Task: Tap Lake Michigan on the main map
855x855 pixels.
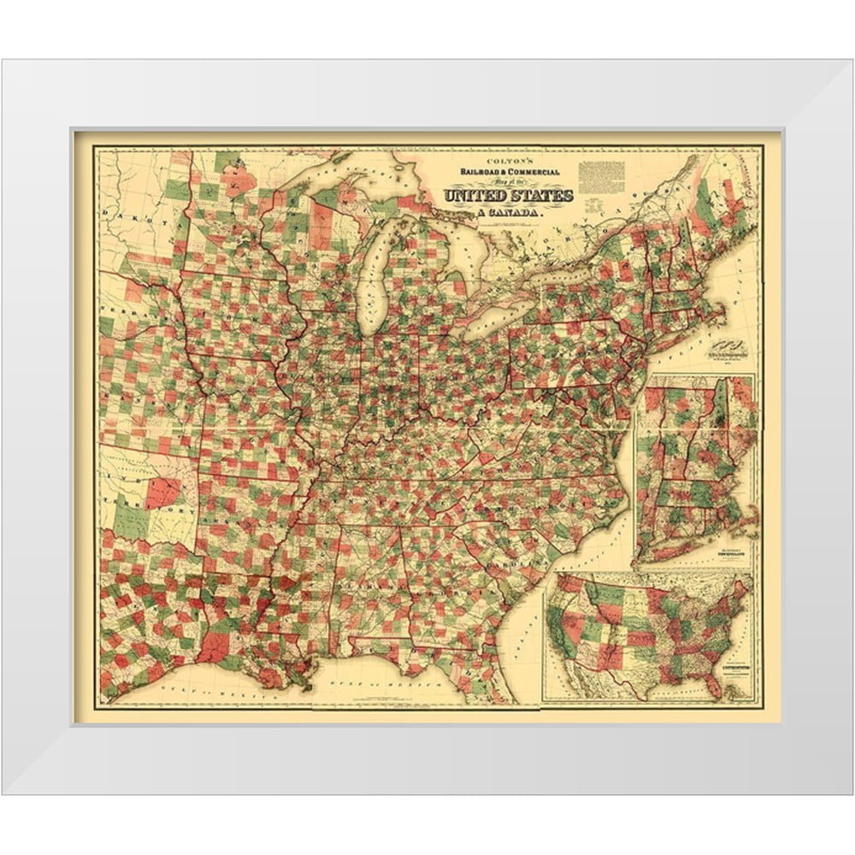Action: tap(375, 274)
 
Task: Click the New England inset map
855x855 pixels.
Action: tap(697, 470)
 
